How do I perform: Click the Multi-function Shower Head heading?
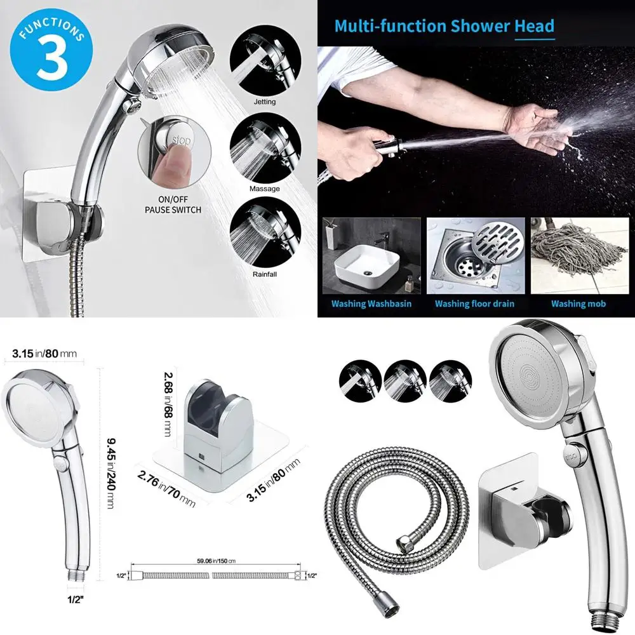(444, 27)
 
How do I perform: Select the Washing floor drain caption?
(474, 304)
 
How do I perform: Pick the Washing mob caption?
(578, 304)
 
